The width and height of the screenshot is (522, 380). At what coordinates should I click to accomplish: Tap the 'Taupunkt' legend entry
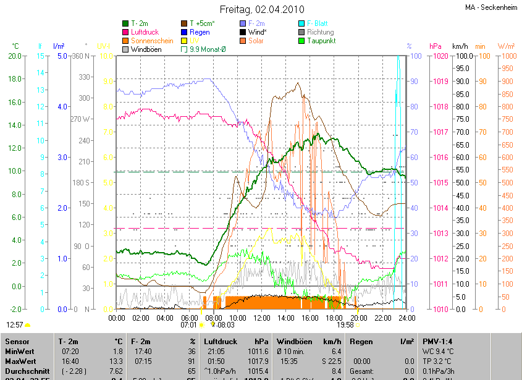(319, 40)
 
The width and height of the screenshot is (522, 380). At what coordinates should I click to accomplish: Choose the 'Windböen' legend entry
(146, 49)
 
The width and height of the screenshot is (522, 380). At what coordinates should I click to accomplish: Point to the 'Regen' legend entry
(200, 32)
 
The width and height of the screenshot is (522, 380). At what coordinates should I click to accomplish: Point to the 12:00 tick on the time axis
(262, 318)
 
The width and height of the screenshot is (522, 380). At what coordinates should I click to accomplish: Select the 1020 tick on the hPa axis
(440, 56)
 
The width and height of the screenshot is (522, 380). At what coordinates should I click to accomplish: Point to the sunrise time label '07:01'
(188, 324)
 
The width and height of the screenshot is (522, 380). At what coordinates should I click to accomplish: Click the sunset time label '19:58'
(345, 324)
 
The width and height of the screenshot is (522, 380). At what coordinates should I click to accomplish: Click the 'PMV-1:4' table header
(437, 341)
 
